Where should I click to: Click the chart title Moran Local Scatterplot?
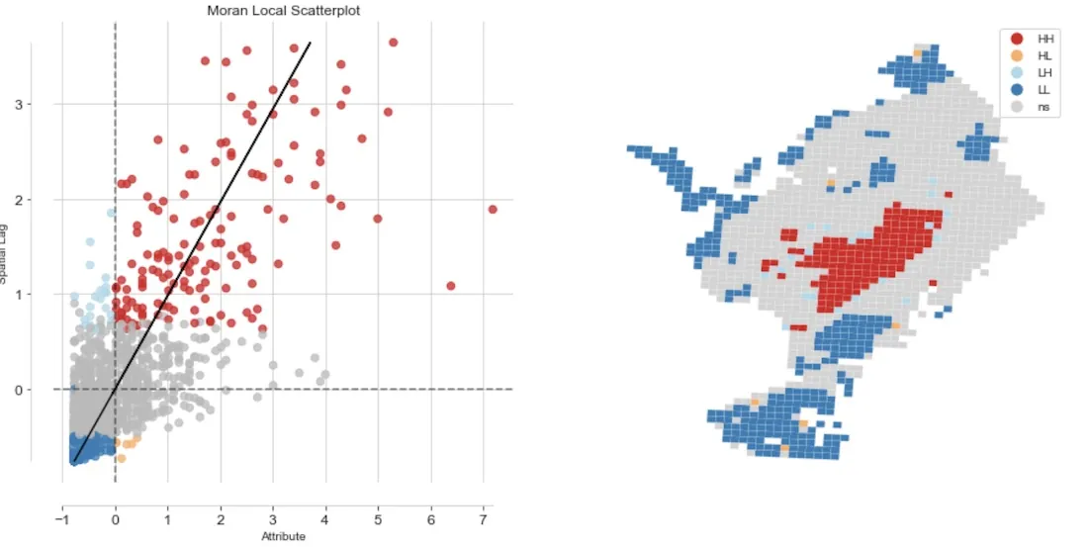[270, 11]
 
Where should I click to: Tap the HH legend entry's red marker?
[1017, 38]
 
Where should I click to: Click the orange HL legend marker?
[1017, 55]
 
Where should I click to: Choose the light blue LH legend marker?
[1017, 72]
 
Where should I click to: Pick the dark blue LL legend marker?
[1017, 89]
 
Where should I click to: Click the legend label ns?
[1043, 107]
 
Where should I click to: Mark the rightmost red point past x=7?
[492, 209]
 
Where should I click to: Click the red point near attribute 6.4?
[450, 286]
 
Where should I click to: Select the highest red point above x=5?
[393, 43]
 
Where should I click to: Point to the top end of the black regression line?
[310, 44]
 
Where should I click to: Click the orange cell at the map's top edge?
[918, 52]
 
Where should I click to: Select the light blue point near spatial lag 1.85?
[112, 213]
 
